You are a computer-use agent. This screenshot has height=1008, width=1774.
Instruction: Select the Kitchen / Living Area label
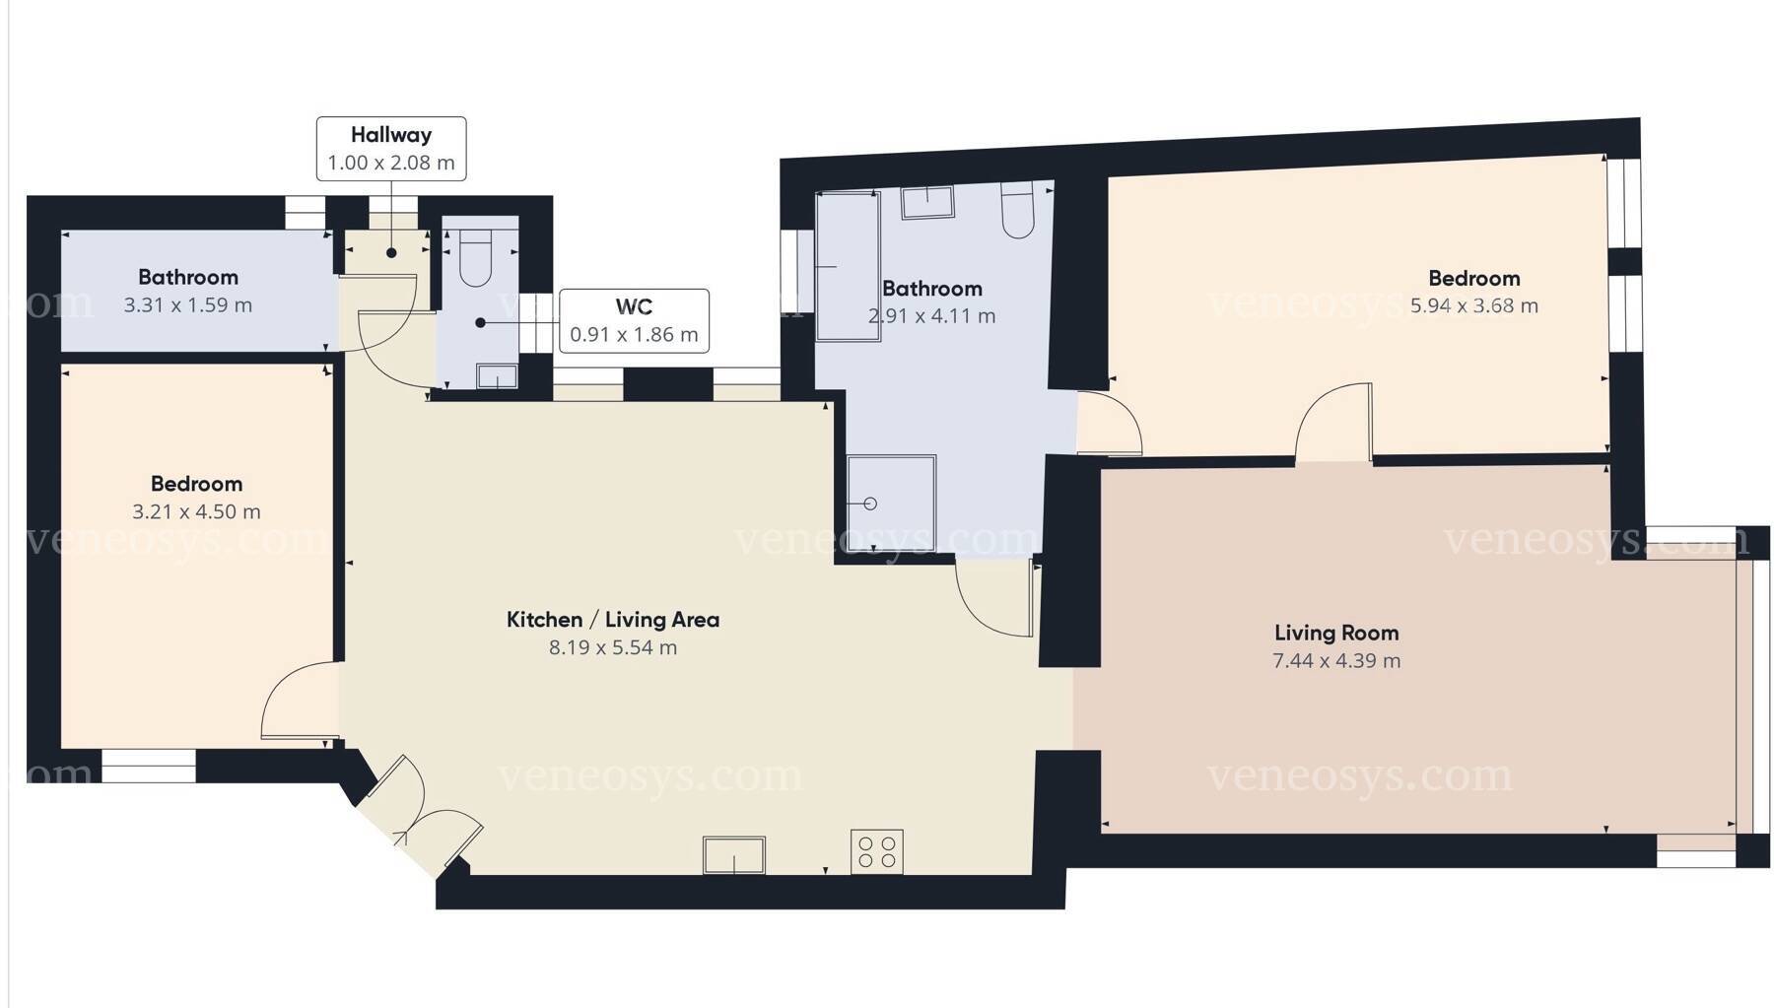tap(613, 620)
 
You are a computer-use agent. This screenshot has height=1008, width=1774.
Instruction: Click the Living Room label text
tap(1336, 633)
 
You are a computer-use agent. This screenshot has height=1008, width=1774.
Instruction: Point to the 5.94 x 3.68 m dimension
tap(1474, 305)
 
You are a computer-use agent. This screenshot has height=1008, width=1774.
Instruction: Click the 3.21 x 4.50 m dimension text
tap(196, 511)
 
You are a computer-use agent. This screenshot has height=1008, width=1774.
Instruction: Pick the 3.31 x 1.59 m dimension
tap(188, 305)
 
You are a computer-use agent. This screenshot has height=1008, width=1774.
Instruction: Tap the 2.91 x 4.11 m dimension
tap(931, 316)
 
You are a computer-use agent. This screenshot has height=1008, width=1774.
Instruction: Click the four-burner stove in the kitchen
tap(877, 852)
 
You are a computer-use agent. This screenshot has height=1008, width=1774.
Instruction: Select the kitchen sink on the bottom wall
tap(734, 855)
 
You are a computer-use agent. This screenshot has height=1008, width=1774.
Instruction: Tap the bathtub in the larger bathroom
tap(849, 266)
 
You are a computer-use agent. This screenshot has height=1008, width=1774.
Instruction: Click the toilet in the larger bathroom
tap(1017, 210)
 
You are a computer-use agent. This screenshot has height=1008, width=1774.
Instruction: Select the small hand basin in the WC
tap(498, 376)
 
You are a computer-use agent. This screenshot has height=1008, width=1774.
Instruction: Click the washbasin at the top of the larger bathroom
tap(927, 201)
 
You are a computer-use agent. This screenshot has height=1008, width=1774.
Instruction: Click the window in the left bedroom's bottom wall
tap(149, 767)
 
